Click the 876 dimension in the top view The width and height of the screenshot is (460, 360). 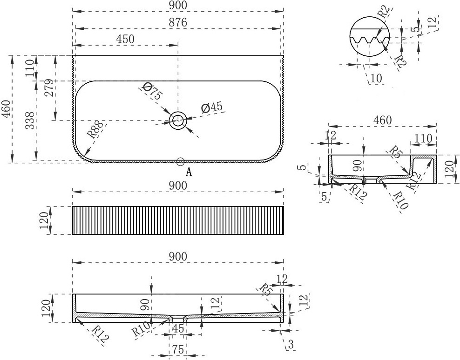click(x=178, y=23)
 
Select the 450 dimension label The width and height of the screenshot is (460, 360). click(x=125, y=39)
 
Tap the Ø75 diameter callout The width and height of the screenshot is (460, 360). click(x=152, y=91)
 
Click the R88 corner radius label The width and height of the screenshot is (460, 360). click(x=95, y=129)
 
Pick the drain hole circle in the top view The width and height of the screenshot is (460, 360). click(x=178, y=120)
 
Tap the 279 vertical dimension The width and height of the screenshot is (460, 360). click(x=49, y=87)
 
